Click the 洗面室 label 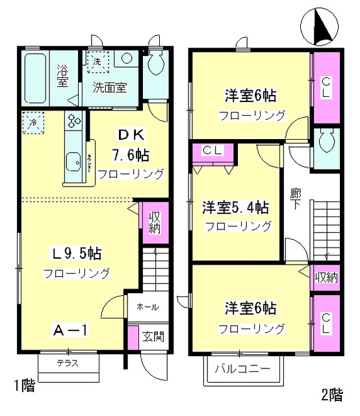click(108, 85)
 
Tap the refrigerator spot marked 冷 click(31, 121)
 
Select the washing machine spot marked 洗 click(97, 62)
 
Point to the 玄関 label click(153, 336)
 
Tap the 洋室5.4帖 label click(235, 208)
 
